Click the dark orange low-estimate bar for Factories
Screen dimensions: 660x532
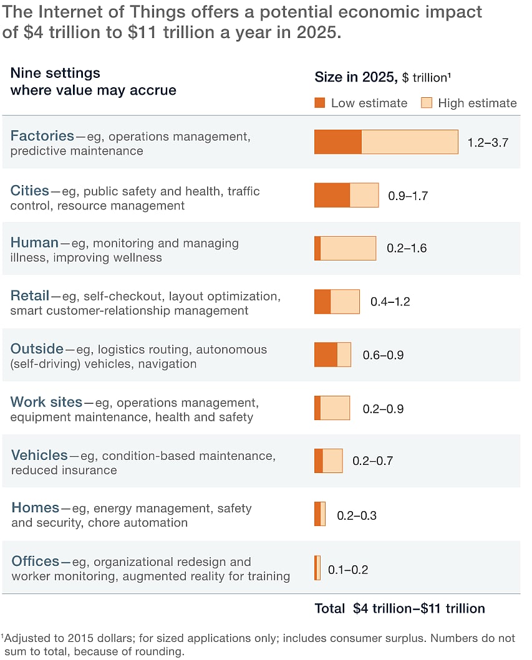337,142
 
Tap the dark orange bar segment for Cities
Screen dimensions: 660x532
332,195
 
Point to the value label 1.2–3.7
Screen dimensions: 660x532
488,143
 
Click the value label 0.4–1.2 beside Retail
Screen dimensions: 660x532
390,302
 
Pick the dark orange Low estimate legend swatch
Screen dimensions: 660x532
320,103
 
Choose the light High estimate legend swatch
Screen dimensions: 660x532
427,103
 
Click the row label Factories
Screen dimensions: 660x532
42,136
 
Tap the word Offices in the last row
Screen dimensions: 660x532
36,562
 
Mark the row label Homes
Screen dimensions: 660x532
36,508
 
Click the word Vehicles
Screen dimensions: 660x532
39,456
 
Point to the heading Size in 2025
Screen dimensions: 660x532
355,77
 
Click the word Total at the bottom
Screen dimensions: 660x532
329,609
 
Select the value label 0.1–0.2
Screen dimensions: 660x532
348,570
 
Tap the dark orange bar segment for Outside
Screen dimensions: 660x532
326,355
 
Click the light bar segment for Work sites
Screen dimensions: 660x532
335,408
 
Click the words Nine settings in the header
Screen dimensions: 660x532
55,73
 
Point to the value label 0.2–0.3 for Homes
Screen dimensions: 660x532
357,515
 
